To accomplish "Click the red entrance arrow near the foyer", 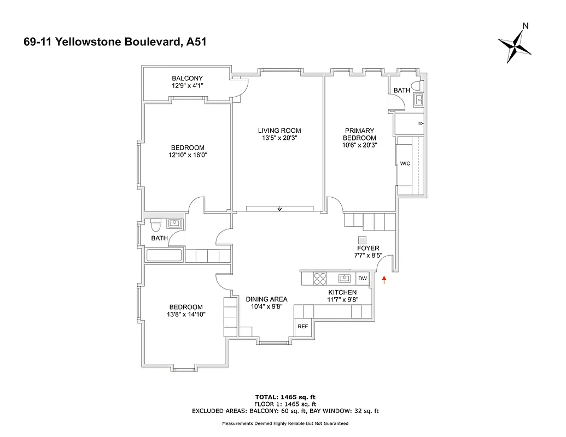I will [x=384, y=280].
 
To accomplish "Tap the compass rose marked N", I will [x=515, y=47].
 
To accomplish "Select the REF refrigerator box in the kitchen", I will [x=302, y=326].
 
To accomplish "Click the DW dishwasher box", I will [x=362, y=279].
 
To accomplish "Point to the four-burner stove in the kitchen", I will [x=319, y=279].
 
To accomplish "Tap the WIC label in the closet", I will [x=405, y=163].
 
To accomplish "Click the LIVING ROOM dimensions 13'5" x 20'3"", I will [x=279, y=138].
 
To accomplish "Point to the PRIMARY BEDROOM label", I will [x=359, y=134].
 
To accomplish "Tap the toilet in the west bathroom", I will [x=155, y=225].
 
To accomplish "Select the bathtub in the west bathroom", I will [x=165, y=255].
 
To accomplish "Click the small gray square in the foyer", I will [x=361, y=240].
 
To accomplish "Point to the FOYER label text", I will [x=367, y=248].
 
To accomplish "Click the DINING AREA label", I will [x=266, y=299].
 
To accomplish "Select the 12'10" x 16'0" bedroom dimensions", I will [x=188, y=155].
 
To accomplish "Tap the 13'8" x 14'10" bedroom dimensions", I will [x=186, y=315].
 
